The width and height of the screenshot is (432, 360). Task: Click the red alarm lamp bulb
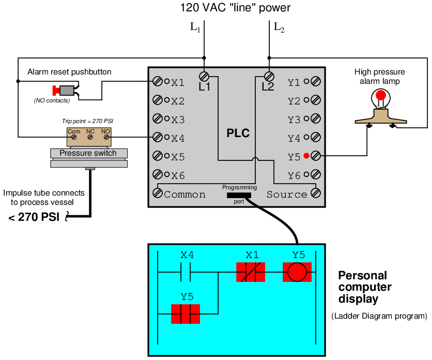click(381, 95)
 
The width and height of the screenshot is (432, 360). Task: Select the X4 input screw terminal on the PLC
click(158, 138)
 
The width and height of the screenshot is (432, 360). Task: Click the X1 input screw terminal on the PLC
click(158, 82)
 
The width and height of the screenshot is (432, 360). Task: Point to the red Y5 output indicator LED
click(306, 156)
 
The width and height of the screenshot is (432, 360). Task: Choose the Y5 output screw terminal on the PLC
click(315, 156)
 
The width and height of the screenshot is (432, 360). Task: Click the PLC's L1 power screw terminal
click(204, 76)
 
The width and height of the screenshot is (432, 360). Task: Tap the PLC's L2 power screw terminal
click(269, 76)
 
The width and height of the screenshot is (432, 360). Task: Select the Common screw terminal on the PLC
click(157, 193)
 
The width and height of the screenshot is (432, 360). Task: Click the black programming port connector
click(238, 195)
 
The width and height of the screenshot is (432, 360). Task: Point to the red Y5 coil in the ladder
click(297, 272)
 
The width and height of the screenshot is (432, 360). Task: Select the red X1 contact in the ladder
click(251, 272)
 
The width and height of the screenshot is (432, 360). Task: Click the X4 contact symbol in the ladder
click(187, 272)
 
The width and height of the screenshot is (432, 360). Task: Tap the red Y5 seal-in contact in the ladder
click(186, 313)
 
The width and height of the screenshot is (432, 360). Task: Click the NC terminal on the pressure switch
click(90, 138)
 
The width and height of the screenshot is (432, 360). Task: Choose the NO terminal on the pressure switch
click(106, 138)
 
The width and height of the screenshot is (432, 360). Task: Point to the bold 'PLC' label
click(238, 133)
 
